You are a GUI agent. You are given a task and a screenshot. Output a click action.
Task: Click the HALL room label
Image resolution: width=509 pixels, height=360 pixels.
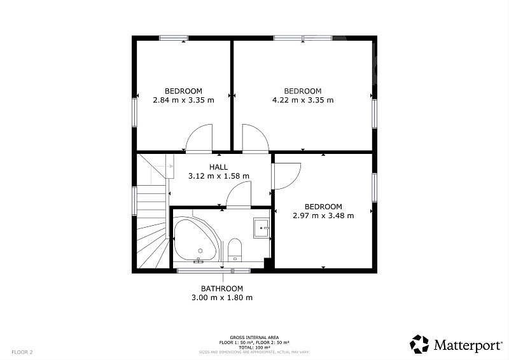[218, 167]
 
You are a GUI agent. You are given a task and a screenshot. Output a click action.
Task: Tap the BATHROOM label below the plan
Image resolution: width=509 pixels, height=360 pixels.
[222, 289]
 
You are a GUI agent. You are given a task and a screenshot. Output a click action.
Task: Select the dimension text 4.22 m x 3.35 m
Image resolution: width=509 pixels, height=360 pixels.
[303, 100]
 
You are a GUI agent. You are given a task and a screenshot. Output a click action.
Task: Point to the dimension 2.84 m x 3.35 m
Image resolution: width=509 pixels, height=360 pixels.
[183, 100]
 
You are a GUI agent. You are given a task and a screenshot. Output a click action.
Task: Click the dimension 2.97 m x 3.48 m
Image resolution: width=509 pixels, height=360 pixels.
[323, 216]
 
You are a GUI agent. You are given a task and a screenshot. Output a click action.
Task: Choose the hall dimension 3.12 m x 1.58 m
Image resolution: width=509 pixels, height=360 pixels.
[219, 176]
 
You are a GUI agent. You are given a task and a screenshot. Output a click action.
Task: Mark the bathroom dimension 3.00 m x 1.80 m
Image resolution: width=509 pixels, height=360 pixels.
[222, 297]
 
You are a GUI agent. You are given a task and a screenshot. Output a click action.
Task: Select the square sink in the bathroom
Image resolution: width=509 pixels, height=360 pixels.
[261, 228]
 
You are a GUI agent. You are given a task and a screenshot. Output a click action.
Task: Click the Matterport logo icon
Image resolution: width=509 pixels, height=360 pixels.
[419, 344]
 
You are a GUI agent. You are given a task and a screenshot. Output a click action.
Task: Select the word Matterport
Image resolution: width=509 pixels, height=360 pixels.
[468, 345]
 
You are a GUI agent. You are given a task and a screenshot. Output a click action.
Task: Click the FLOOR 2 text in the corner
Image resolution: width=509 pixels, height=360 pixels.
[22, 352]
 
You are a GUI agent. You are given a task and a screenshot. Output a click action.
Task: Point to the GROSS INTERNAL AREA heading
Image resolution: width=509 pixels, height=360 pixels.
[254, 338]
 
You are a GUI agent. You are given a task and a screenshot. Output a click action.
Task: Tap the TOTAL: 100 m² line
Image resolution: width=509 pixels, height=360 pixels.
[254, 347]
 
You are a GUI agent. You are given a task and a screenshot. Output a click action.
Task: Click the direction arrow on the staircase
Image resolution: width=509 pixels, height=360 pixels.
[164, 166]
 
